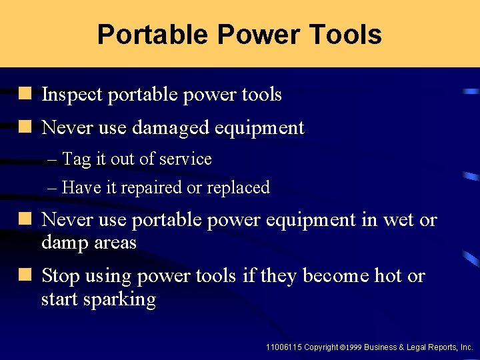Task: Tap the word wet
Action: click(x=399, y=220)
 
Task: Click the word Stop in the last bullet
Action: click(x=61, y=276)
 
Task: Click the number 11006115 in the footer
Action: click(x=283, y=347)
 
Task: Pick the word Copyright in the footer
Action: click(x=321, y=347)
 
